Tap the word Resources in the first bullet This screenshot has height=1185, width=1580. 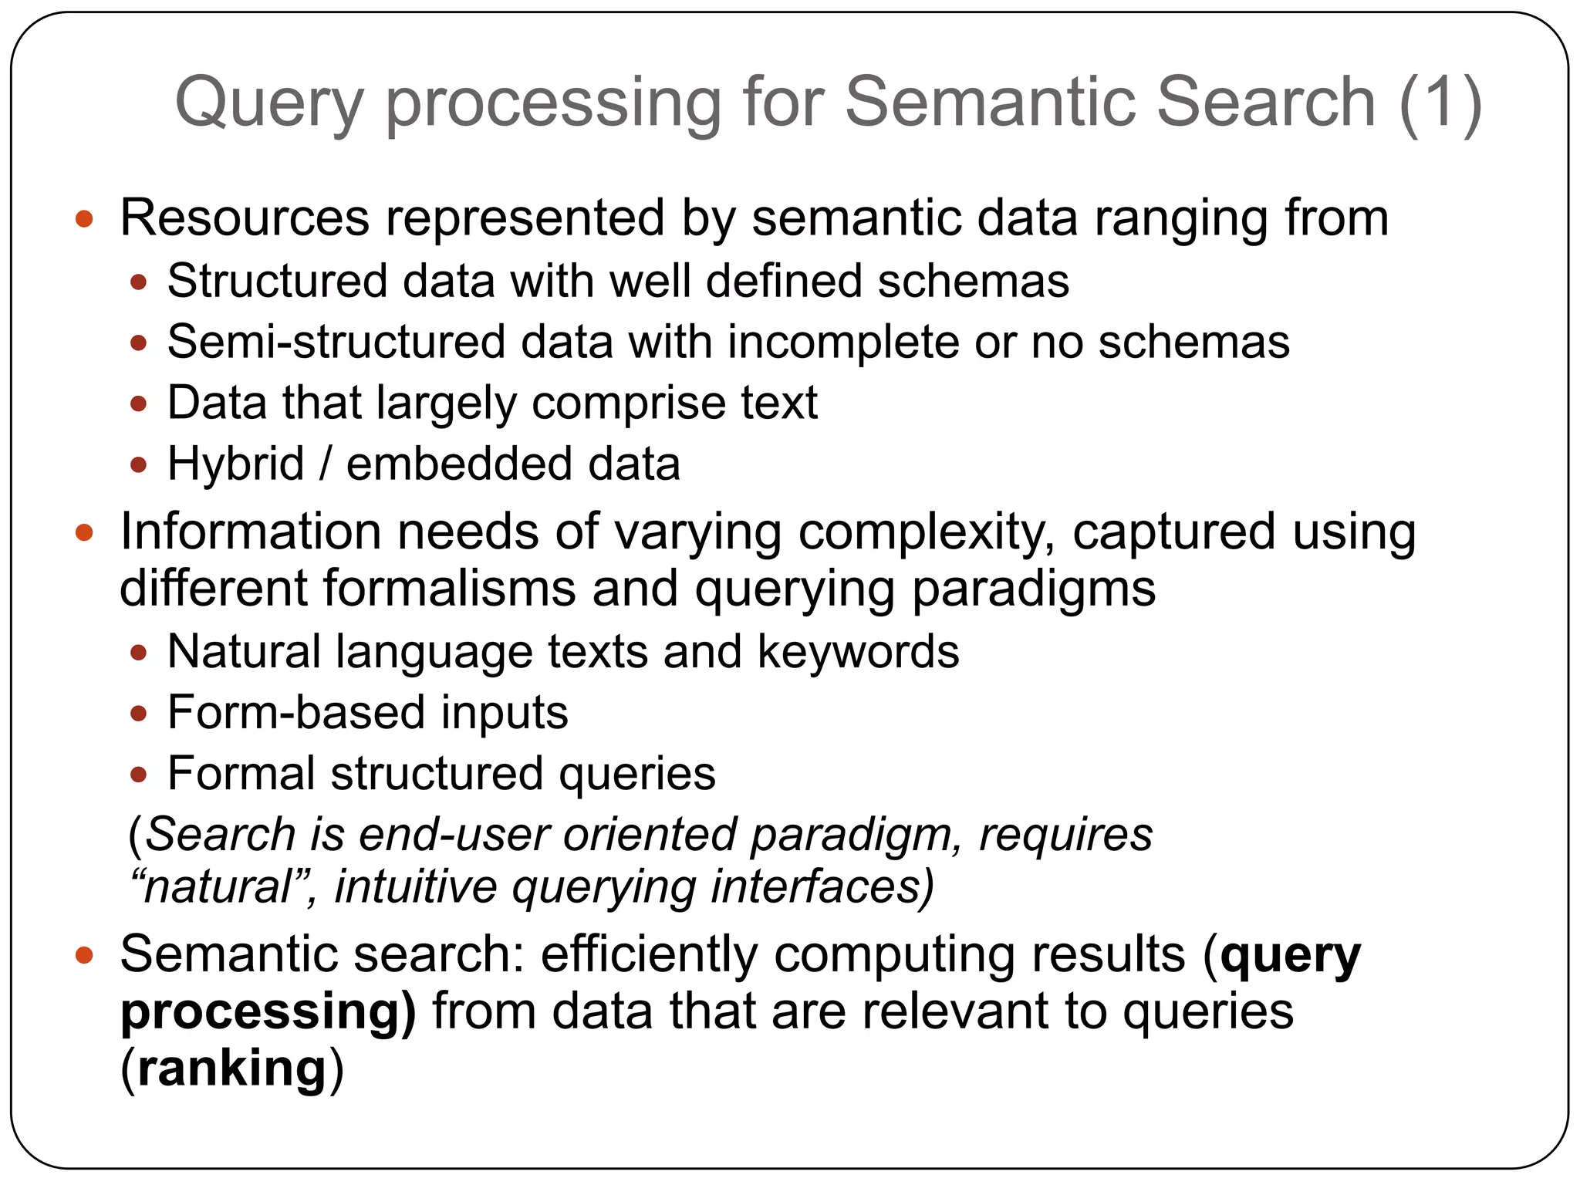[245, 218]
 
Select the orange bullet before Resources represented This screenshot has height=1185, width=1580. [84, 219]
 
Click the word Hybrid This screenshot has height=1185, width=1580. [235, 464]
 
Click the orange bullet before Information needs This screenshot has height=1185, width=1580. [84, 532]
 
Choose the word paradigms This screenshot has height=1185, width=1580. [1033, 589]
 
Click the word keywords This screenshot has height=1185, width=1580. [858, 652]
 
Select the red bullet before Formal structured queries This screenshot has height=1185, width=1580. [139, 775]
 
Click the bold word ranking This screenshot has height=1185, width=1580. [232, 1069]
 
